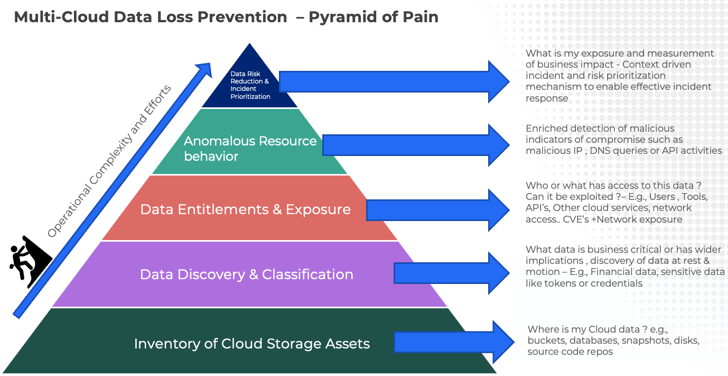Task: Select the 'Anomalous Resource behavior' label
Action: pyautogui.click(x=250, y=149)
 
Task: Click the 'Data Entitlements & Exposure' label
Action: pyautogui.click(x=245, y=209)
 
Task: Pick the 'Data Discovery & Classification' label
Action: pyautogui.click(x=246, y=274)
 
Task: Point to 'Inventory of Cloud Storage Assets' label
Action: pyautogui.click(x=251, y=344)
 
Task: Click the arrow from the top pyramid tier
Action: pyautogui.click(x=394, y=82)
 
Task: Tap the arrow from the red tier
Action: pyautogui.click(x=437, y=210)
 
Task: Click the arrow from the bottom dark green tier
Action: pyautogui.click(x=453, y=342)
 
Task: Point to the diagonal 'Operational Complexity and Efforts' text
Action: pyautogui.click(x=109, y=161)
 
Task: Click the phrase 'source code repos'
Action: pyautogui.click(x=570, y=352)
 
